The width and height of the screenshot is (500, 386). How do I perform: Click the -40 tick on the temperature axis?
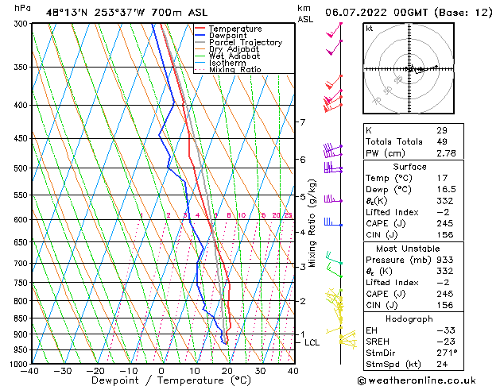[x=30, y=371]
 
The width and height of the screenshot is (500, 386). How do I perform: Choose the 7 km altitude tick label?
[x=302, y=122]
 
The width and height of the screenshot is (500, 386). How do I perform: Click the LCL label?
[x=312, y=342]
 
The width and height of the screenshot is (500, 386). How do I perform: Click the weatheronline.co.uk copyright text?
[x=428, y=380]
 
